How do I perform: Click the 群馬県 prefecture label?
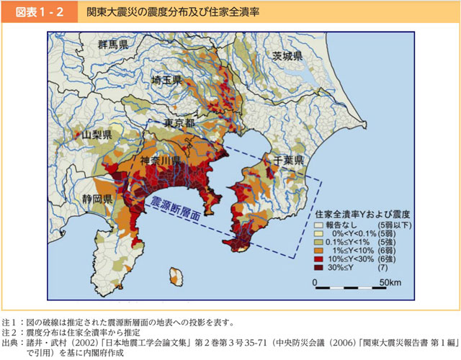click(x=115, y=45)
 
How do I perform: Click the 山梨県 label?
click(x=97, y=135)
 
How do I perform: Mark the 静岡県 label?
click(x=97, y=198)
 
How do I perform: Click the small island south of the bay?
click(x=175, y=276)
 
